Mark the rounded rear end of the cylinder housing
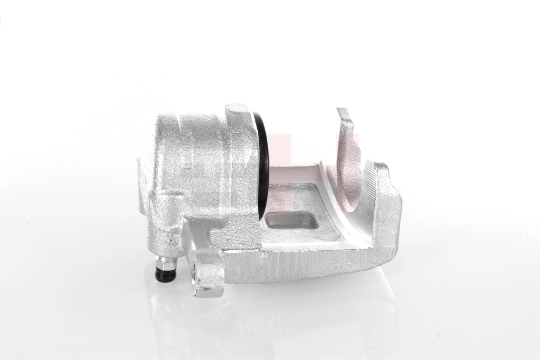[x=148, y=171]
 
